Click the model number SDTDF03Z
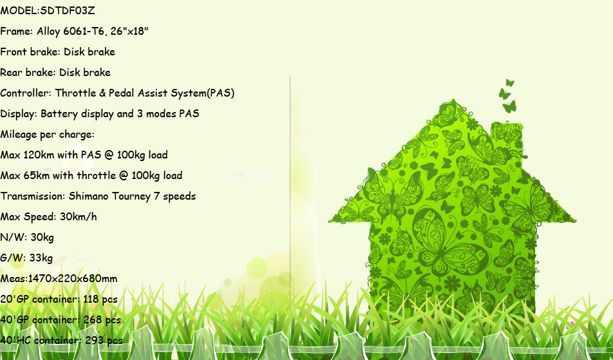pos(68,10)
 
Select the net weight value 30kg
pos(42,238)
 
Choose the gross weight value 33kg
pos(41,258)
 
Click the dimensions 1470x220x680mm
pos(73,279)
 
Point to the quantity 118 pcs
pos(100,299)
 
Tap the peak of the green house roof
pos(453,100)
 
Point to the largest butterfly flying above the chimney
pos(509,107)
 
